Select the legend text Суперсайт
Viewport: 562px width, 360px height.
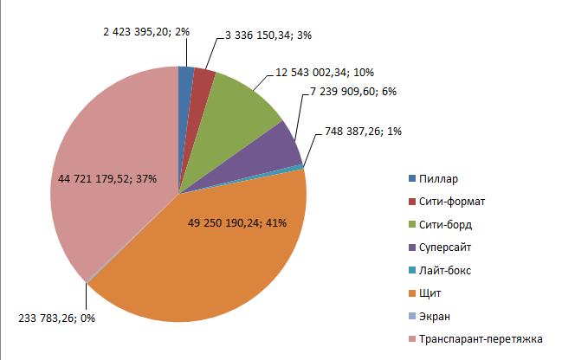pos(447,247)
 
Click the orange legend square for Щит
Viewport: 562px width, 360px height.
pos(412,292)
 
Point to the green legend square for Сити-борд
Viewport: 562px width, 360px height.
pos(412,225)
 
